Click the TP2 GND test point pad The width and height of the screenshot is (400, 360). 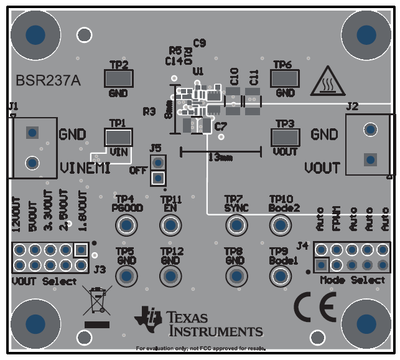click(118, 78)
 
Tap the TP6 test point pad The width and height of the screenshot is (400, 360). click(285, 78)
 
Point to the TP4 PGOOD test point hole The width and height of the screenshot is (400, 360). click(127, 224)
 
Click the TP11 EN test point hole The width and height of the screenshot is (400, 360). click(170, 224)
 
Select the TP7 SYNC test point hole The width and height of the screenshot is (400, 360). click(236, 224)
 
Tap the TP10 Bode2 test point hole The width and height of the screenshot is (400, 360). click(280, 224)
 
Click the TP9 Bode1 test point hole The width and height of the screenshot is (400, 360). click(280, 275)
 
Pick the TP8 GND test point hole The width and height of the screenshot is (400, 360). click(236, 275)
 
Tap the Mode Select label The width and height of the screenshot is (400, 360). click(353, 280)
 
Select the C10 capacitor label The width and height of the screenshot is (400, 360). click(234, 77)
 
